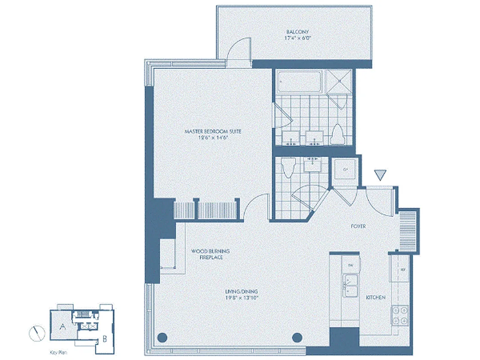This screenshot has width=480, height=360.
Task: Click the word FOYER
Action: coord(358,226)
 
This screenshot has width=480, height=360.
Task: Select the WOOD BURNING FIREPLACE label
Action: coord(207,254)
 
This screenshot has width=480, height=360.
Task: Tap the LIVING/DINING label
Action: coord(242,292)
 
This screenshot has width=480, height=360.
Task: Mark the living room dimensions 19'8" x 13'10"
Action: coord(242,298)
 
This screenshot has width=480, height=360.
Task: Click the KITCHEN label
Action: coord(375,297)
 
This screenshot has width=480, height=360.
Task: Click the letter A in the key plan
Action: coord(63,328)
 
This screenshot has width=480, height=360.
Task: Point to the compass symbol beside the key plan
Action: coord(36,333)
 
